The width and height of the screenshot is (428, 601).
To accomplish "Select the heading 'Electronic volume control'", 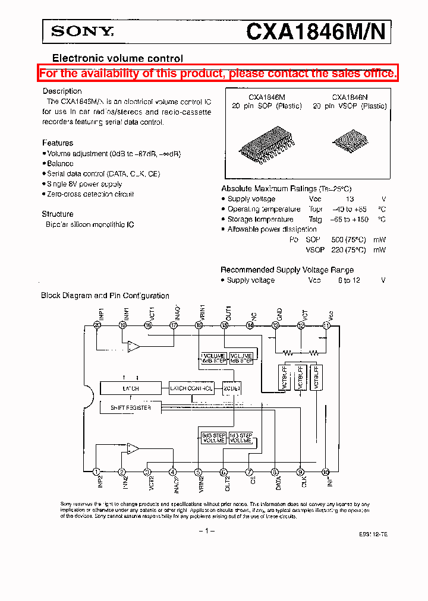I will coord(118,58).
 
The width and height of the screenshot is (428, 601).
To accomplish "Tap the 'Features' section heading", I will coord(58,143).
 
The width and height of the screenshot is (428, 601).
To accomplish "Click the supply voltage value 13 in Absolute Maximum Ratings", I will coord(350,200).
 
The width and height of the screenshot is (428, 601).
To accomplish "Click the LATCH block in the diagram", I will coord(131,388).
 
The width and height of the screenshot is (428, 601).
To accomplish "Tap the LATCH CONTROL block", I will coord(191,388).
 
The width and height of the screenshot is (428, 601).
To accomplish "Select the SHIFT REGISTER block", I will coord(131,408).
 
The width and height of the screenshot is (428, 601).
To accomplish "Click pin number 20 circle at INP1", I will coord(97,325).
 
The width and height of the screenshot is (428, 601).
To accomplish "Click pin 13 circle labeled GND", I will coord(275,325).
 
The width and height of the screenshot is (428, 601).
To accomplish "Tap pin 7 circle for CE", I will coord(250,472).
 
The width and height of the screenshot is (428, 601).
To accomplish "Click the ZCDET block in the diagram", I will coord(232,388).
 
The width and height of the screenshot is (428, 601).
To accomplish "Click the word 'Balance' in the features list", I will coord(61,163).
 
